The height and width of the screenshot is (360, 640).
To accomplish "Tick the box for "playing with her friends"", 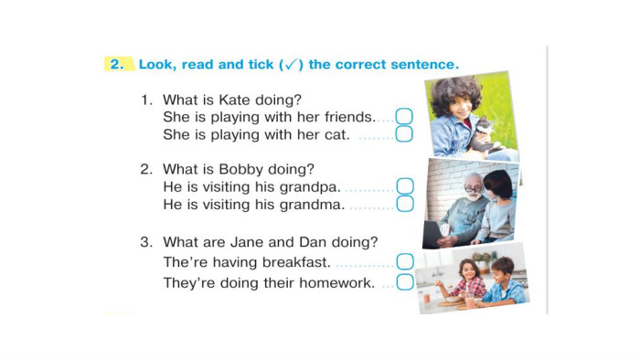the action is click(x=404, y=117).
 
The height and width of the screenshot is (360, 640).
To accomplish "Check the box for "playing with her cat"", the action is click(x=404, y=134).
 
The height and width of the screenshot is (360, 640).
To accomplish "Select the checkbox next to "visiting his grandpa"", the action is click(x=405, y=186).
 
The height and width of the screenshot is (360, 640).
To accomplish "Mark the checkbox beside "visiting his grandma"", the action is click(x=405, y=204).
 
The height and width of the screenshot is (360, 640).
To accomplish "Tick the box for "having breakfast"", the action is click(x=405, y=261).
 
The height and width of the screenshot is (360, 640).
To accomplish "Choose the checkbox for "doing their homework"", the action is click(x=405, y=282).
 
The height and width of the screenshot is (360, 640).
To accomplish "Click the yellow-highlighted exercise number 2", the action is click(x=117, y=64).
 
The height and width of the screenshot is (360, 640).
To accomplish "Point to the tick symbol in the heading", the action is click(x=291, y=65).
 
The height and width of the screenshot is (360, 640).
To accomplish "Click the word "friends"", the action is click(x=349, y=117).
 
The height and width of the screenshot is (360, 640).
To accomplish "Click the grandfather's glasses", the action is click(x=474, y=189).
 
